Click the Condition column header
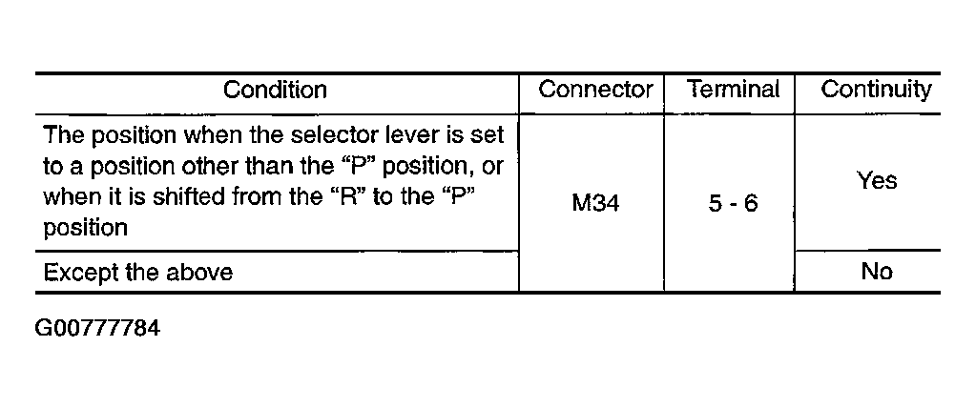click(x=275, y=91)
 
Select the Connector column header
click(x=595, y=90)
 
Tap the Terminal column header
click(x=734, y=90)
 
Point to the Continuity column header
click(x=876, y=91)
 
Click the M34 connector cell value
click(x=595, y=203)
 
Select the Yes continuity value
click(x=877, y=180)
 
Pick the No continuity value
click(x=877, y=271)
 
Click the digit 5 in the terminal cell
click(x=716, y=203)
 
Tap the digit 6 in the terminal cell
click(x=751, y=203)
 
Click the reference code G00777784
click(x=97, y=328)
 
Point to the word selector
click(x=324, y=135)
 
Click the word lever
click(x=397, y=135)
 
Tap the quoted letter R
click(x=342, y=196)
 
